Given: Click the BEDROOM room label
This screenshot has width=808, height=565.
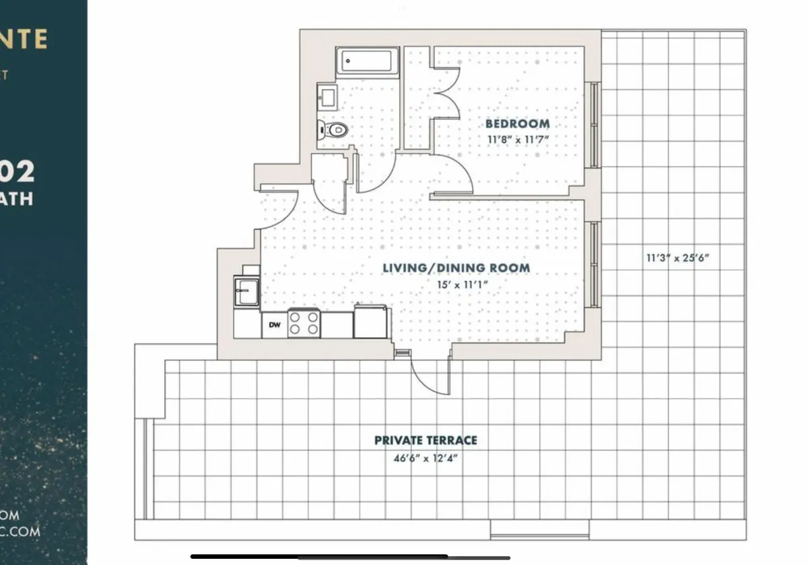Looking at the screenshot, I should click(x=517, y=123).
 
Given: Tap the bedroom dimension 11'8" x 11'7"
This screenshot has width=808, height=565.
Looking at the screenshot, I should click(x=517, y=140).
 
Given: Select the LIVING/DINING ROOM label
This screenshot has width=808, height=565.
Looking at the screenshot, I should click(x=456, y=268).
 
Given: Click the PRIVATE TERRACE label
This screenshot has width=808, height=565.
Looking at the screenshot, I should click(x=426, y=440).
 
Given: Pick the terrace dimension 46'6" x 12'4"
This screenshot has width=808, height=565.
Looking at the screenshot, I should click(x=426, y=457).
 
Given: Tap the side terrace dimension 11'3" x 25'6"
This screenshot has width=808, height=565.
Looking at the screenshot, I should click(x=678, y=257).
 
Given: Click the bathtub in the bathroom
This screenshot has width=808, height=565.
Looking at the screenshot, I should click(x=368, y=62).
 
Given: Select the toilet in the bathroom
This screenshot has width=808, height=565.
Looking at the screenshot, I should click(x=333, y=128).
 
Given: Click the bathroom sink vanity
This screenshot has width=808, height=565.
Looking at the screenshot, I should click(x=328, y=96).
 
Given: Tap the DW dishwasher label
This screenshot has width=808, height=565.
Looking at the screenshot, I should click(x=274, y=325).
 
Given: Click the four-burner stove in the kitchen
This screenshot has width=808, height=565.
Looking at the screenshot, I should click(x=304, y=324).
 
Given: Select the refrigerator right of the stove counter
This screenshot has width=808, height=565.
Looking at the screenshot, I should click(x=370, y=322).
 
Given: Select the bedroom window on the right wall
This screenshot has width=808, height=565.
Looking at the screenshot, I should click(x=594, y=125).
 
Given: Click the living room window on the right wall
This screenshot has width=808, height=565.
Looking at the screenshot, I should click(x=594, y=264).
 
